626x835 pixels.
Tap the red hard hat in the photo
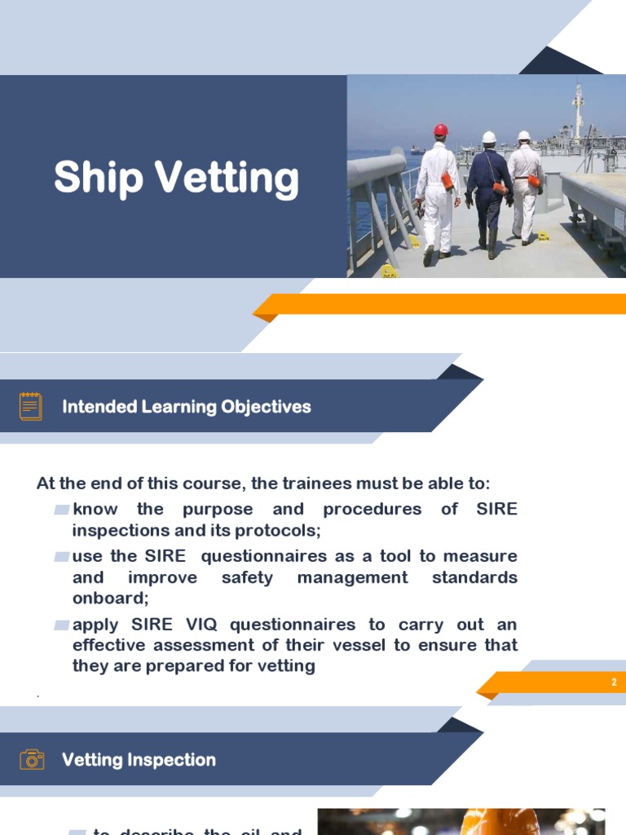click(x=441, y=130)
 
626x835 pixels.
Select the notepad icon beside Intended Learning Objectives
click(x=31, y=406)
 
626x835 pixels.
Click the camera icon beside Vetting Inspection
click(x=32, y=760)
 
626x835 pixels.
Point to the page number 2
click(x=614, y=683)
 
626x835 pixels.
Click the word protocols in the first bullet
click(x=276, y=530)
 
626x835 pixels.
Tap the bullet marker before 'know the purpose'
click(x=61, y=510)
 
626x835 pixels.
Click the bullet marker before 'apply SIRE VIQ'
click(x=61, y=625)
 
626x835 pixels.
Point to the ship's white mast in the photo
click(x=578, y=110)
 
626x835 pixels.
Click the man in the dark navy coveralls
click(x=488, y=192)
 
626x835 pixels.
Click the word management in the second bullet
click(x=352, y=577)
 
